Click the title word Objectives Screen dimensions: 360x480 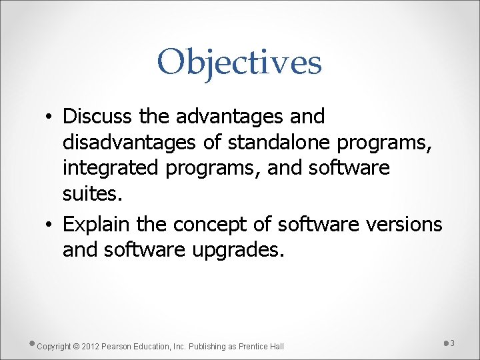point(239,62)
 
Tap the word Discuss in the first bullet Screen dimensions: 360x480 point(98,116)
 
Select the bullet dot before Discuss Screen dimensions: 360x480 point(51,117)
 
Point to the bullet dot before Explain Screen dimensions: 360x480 point(51,225)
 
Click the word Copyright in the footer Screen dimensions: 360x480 point(54,346)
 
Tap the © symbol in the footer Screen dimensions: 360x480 point(76,346)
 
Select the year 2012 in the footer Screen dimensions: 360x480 point(90,346)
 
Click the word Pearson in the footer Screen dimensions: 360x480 point(117,346)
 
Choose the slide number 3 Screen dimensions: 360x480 point(452,343)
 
